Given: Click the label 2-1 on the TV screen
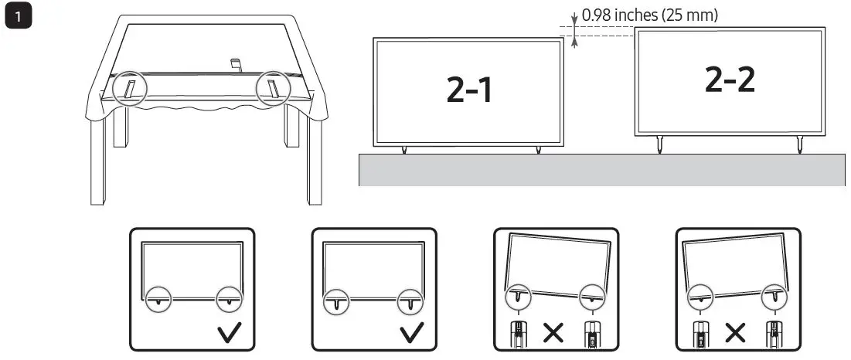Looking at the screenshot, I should (x=469, y=90).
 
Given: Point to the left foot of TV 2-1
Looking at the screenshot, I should (x=403, y=149).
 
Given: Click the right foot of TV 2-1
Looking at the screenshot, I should (x=538, y=149).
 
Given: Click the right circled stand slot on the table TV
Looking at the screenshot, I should (x=273, y=87).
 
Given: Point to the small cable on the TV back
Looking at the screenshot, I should (x=237, y=64).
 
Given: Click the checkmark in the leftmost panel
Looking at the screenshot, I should (x=230, y=333).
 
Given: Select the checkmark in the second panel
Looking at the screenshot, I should (x=411, y=333).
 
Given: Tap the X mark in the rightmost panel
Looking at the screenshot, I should (x=734, y=333).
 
